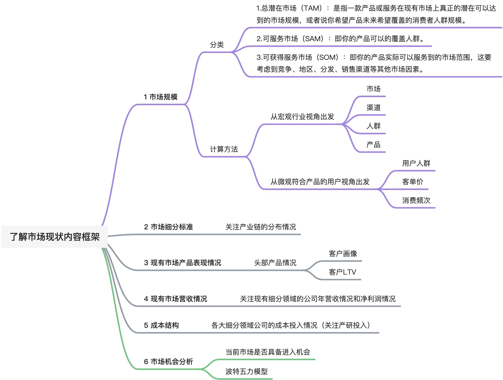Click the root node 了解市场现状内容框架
pyautogui.click(x=55, y=237)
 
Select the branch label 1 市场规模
pyautogui.click(x=161, y=97)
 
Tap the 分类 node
pyautogui.click(x=217, y=45)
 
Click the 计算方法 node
pyautogui.click(x=224, y=149)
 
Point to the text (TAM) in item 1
pyautogui.click(x=313, y=8)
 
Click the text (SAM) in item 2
pyautogui.click(x=314, y=39)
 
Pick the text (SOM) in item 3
pyautogui.click(x=329, y=57)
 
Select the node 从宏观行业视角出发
pyautogui.click(x=302, y=117)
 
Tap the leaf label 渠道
pyautogui.click(x=373, y=107)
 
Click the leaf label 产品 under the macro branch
pyautogui.click(x=373, y=145)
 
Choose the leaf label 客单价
pyautogui.click(x=413, y=182)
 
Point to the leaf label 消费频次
pyautogui.click(x=416, y=200)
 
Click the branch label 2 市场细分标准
pyautogui.click(x=168, y=227)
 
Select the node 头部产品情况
pyautogui.click(x=275, y=263)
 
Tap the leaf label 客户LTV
pyautogui.click(x=342, y=272)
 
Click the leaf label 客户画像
pyautogui.click(x=343, y=254)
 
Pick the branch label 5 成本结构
pyautogui.click(x=161, y=325)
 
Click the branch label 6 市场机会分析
pyautogui.click(x=168, y=362)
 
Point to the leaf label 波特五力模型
pyautogui.click(x=246, y=371)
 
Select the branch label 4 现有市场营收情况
pyautogui.click(x=175, y=299)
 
